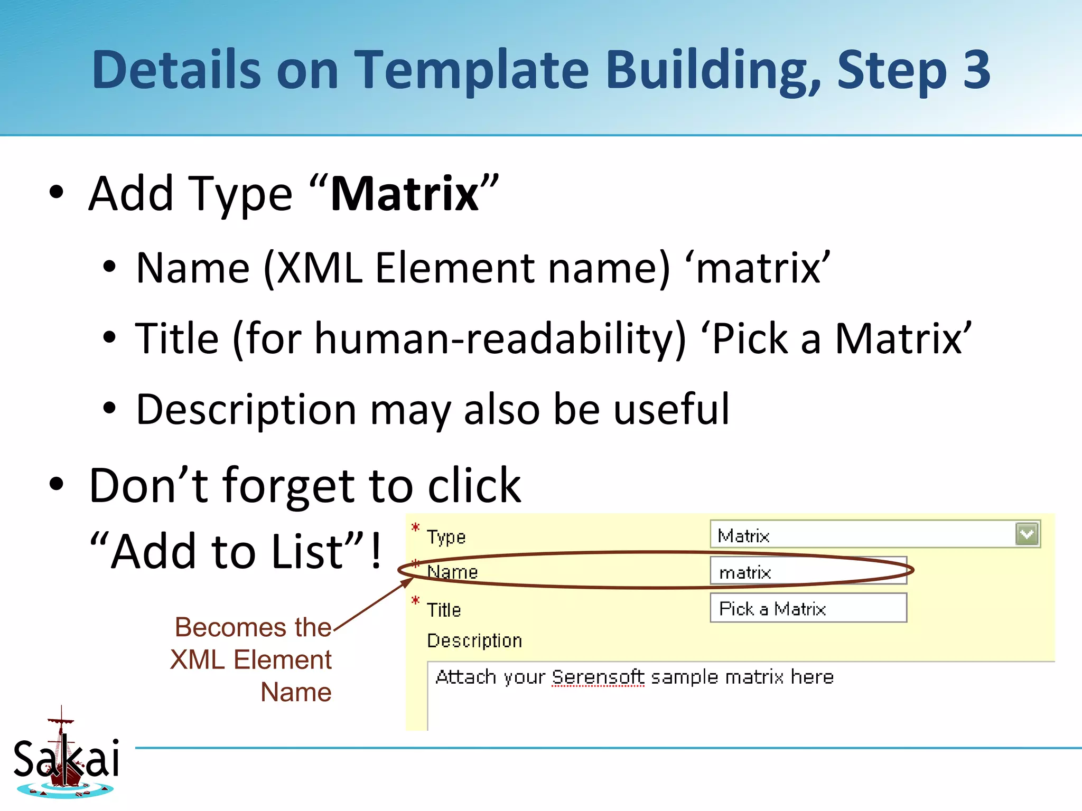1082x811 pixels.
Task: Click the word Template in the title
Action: pos(471,70)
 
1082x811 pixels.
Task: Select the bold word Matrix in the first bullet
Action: pos(404,194)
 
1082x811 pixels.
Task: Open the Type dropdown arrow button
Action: pos(1027,534)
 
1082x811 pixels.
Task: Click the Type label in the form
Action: pos(446,537)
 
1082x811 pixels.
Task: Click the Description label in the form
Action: pos(474,640)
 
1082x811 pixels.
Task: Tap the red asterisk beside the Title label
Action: pos(416,600)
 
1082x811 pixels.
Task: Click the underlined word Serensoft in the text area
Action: pos(598,677)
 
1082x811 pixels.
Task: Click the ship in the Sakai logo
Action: pos(64,761)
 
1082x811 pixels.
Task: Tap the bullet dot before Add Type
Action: pos(56,193)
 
